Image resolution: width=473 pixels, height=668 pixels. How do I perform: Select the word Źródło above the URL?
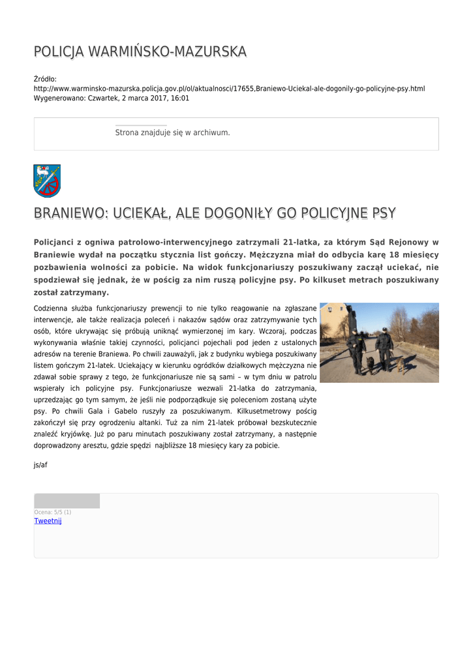[46, 79]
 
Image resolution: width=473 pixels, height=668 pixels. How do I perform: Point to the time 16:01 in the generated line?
[181, 98]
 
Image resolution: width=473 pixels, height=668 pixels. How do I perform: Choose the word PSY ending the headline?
[384, 213]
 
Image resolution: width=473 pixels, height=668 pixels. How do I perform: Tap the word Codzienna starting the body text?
[55, 308]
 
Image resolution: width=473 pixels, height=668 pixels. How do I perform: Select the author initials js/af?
[40, 465]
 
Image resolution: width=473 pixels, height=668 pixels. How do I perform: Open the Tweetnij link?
[48, 521]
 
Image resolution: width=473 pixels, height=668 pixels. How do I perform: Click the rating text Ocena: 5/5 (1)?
[53, 512]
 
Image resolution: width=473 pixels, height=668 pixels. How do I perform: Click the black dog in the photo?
[370, 364]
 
